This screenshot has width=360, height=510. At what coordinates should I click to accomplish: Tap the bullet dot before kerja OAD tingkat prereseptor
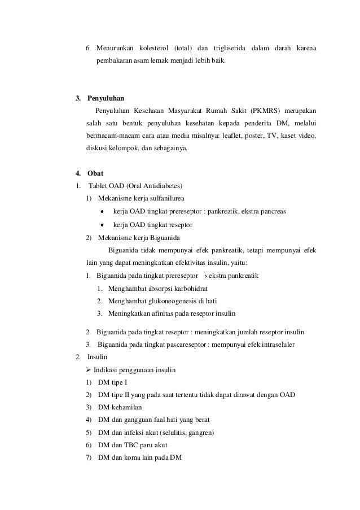click(102, 212)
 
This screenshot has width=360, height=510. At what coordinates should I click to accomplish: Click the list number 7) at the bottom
click(89, 458)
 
